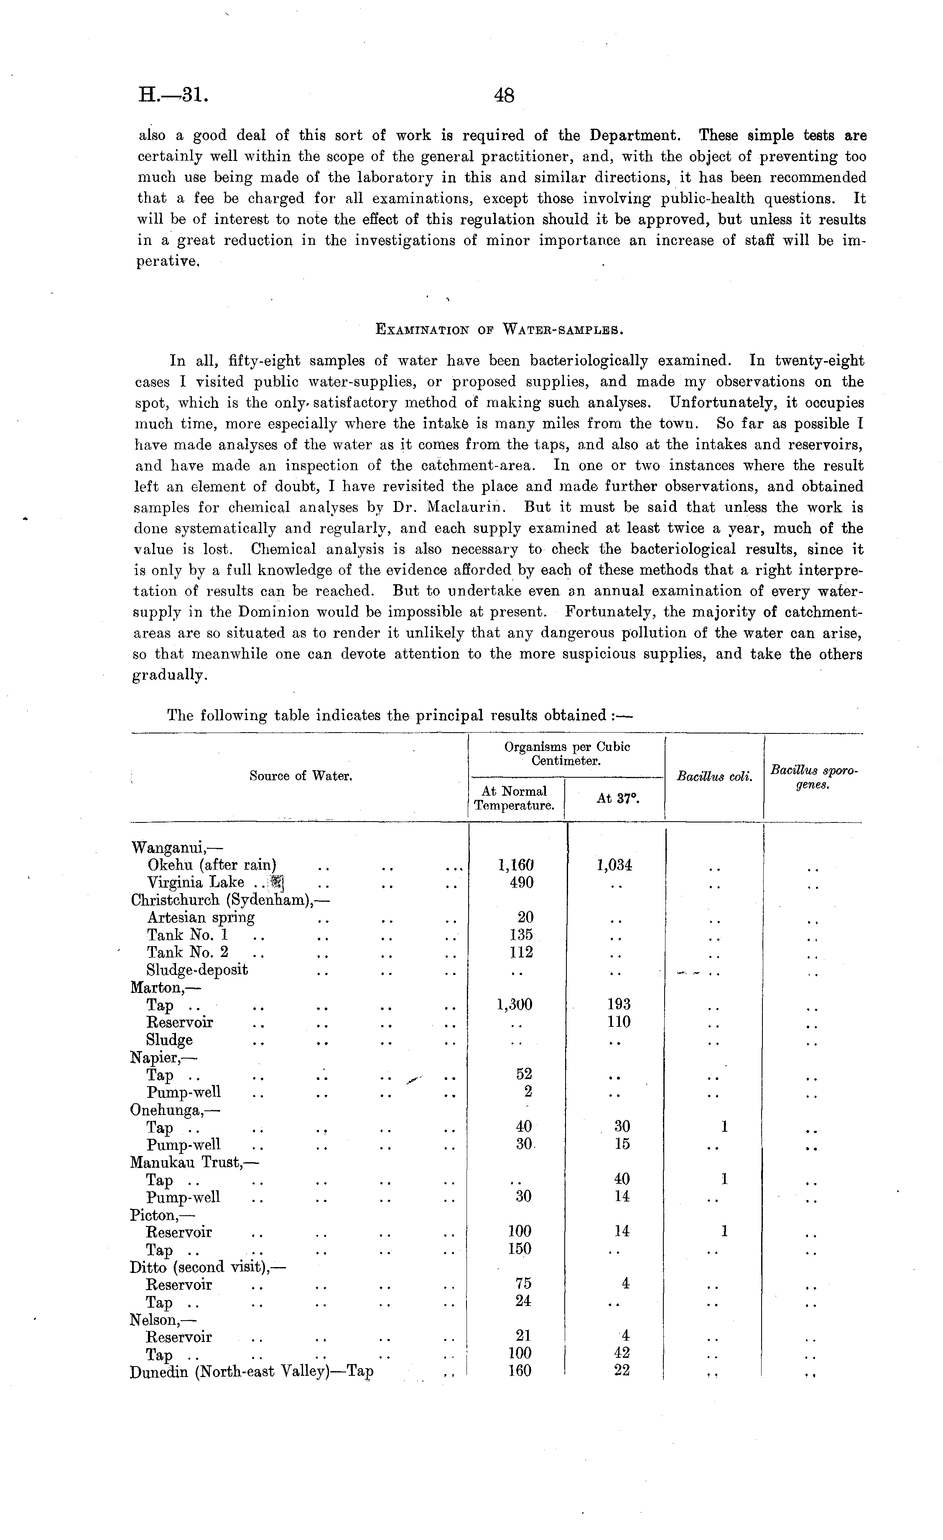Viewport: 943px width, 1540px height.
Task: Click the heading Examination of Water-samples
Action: pos(498,329)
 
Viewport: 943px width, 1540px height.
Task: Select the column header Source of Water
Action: pos(301,776)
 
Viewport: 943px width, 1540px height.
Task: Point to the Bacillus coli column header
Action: pos(714,777)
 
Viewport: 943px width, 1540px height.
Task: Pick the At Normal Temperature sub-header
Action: pos(514,798)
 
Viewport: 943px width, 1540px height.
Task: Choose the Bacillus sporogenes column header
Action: pos(813,777)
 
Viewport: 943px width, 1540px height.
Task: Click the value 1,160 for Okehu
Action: pos(516,865)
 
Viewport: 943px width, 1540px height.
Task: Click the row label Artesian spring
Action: pos(201,917)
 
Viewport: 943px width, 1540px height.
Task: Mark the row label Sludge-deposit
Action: pos(197,970)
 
